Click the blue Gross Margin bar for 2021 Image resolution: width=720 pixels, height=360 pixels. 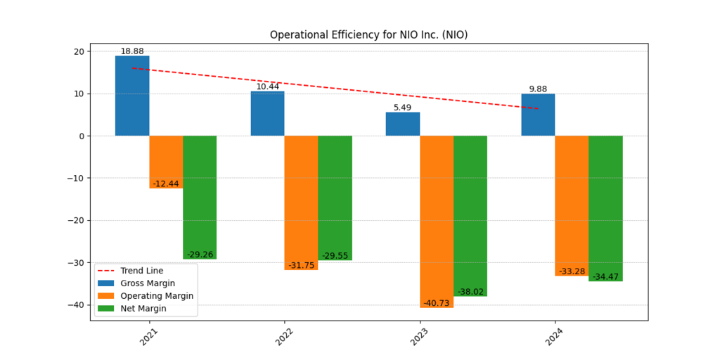[132, 96]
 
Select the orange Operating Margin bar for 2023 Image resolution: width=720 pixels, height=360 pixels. [437, 221]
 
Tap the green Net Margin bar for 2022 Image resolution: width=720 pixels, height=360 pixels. [335, 198]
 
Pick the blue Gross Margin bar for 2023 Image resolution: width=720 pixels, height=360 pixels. [403, 124]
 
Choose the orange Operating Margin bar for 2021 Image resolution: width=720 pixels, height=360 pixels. [166, 162]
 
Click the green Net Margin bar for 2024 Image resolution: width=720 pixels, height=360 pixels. [605, 208]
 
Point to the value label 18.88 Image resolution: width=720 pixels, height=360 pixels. [132, 51]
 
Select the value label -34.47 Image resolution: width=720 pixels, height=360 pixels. [605, 276]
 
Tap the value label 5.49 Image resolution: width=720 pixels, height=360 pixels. [403, 108]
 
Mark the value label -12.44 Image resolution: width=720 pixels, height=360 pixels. [166, 184]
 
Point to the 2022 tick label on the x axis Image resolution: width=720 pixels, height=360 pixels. [283, 337]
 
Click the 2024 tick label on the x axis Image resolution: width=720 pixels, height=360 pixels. [554, 337]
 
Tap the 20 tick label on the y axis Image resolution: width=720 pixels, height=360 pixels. [77, 51]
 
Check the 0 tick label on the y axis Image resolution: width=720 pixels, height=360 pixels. [81, 136]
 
